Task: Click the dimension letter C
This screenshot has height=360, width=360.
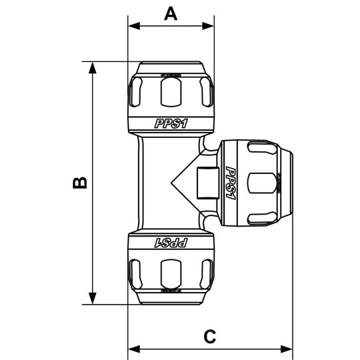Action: [210, 336]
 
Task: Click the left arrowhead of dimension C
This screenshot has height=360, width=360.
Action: [132, 349]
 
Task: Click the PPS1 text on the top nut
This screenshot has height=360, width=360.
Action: [171, 123]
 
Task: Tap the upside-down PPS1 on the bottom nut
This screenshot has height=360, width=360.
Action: [171, 243]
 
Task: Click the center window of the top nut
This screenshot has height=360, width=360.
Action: [171, 91]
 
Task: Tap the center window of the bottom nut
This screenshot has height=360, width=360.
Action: [171, 275]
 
